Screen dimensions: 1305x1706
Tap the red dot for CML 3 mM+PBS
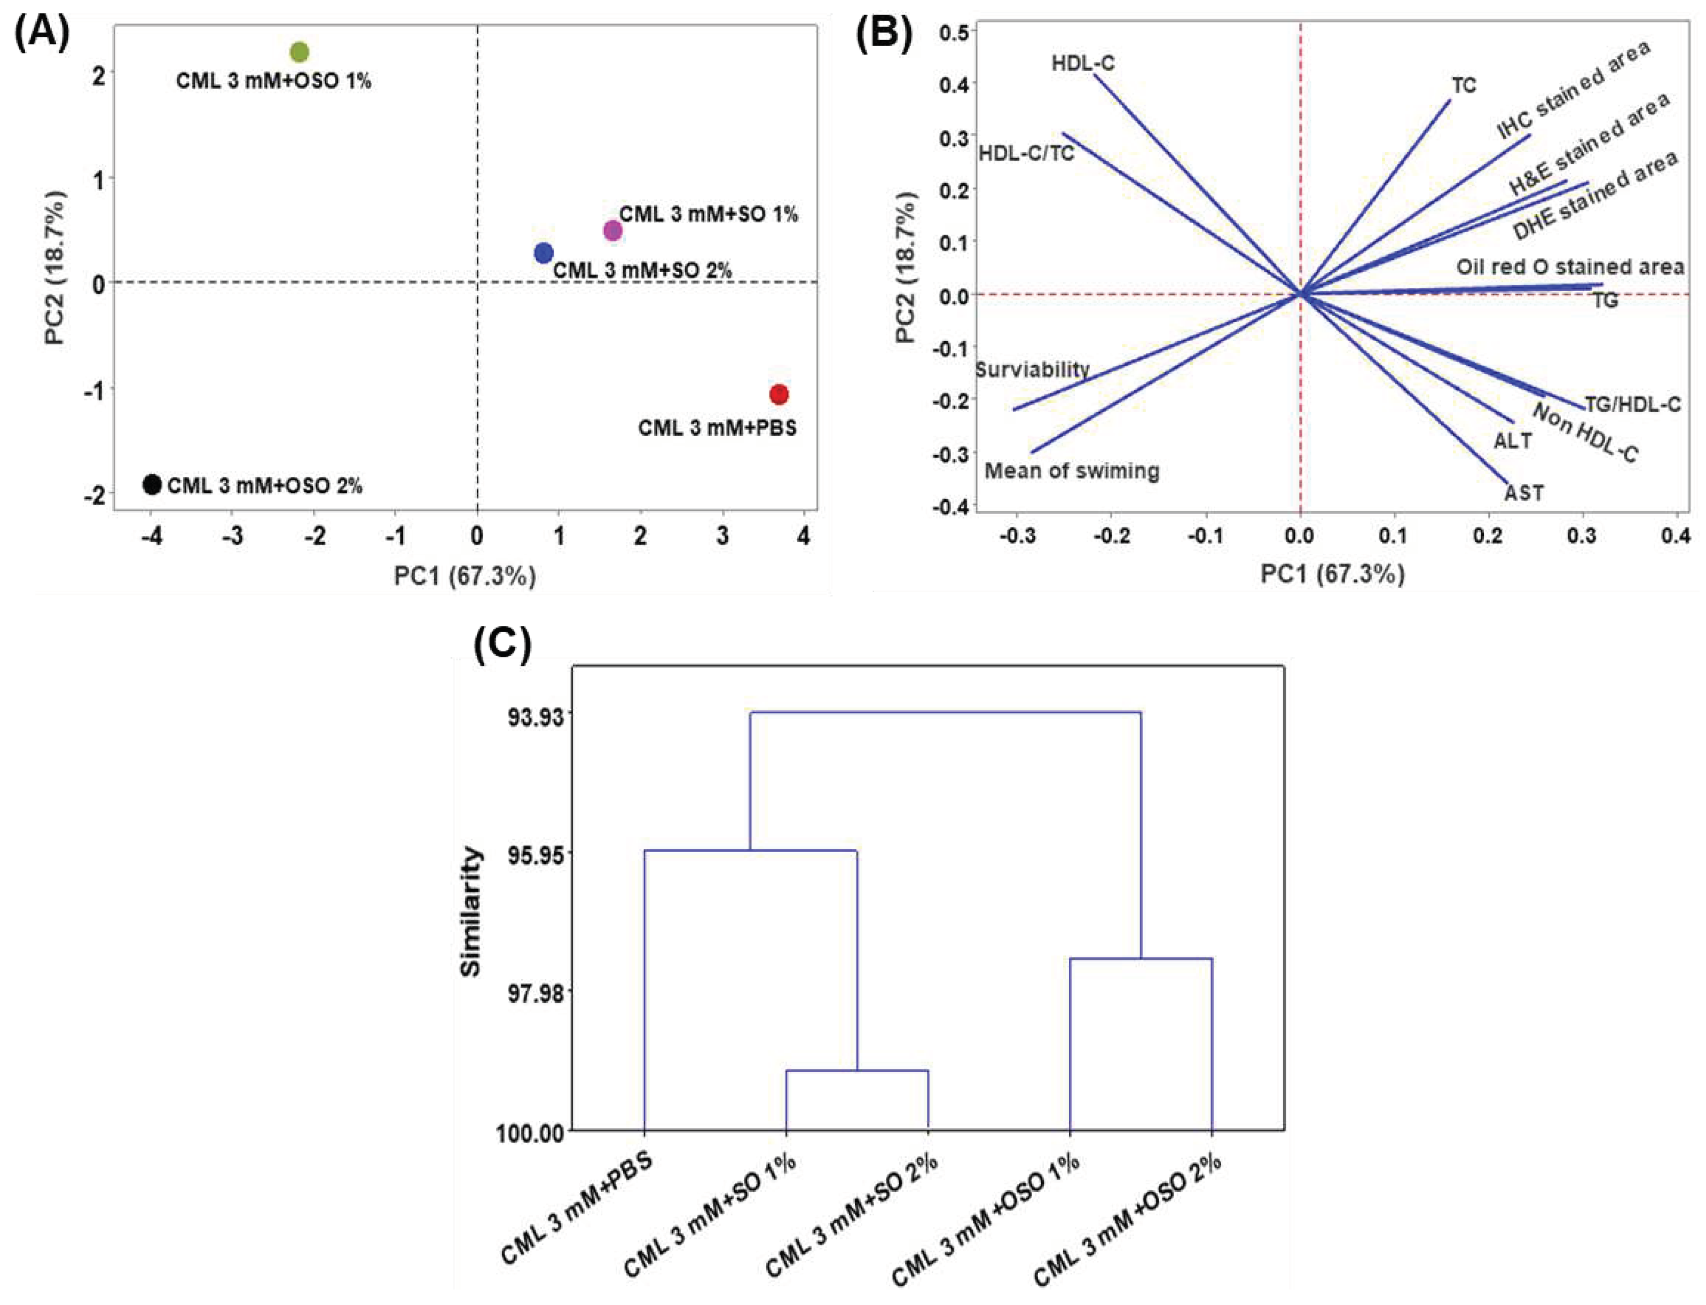tap(779, 394)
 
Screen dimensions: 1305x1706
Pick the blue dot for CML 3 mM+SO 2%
tap(543, 253)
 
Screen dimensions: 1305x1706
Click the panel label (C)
tap(502, 644)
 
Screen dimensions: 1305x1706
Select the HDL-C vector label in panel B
tap(1082, 63)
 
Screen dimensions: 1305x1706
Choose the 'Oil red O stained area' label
tap(1569, 267)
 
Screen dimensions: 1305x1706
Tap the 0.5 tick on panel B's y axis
tap(953, 32)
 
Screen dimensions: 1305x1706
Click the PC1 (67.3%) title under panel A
tap(465, 576)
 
